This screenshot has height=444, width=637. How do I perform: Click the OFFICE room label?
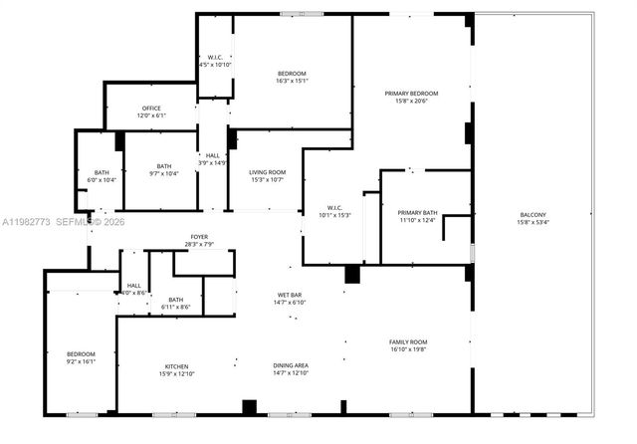tap(151, 109)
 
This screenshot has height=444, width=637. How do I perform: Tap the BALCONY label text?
tap(532, 215)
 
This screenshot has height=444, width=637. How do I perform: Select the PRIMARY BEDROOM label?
tap(411, 94)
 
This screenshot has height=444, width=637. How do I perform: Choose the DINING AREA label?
tap(292, 365)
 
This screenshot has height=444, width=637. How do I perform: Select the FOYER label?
tap(199, 237)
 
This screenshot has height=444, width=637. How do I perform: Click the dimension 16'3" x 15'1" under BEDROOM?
tap(292, 82)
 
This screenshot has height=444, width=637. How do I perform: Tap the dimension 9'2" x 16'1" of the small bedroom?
tap(81, 362)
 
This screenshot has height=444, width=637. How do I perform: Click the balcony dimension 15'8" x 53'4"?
tap(532, 223)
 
